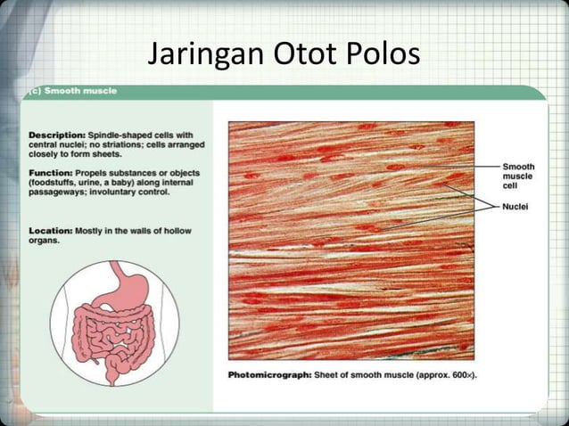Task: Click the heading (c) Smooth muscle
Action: tap(70, 91)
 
